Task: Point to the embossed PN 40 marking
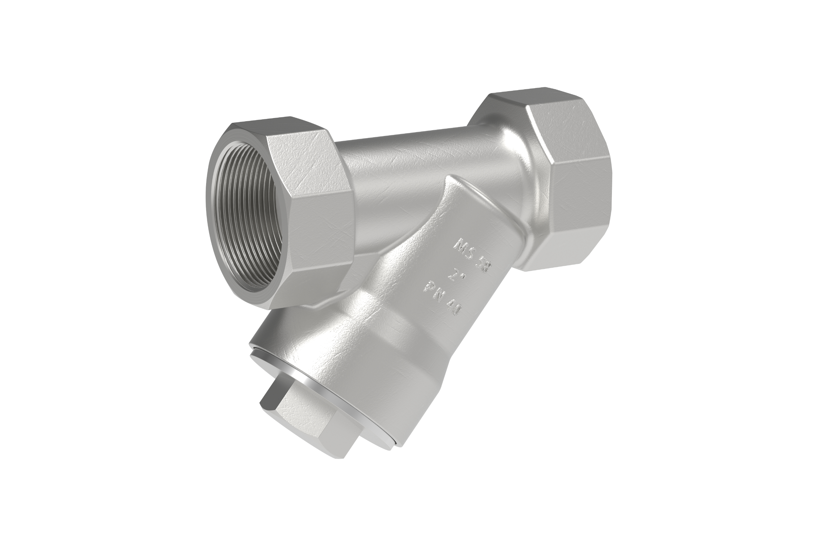click(x=442, y=302)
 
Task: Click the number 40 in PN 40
click(x=452, y=310)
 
